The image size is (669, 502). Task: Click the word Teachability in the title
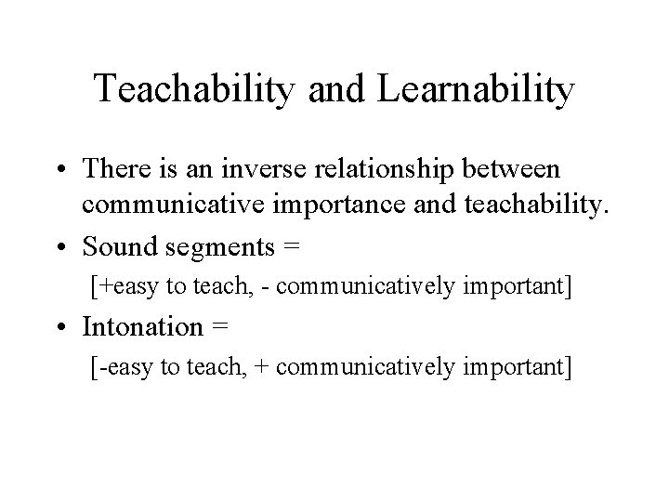point(187,90)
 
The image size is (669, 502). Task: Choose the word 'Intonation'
point(142,327)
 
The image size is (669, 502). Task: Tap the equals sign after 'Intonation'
point(221,328)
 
